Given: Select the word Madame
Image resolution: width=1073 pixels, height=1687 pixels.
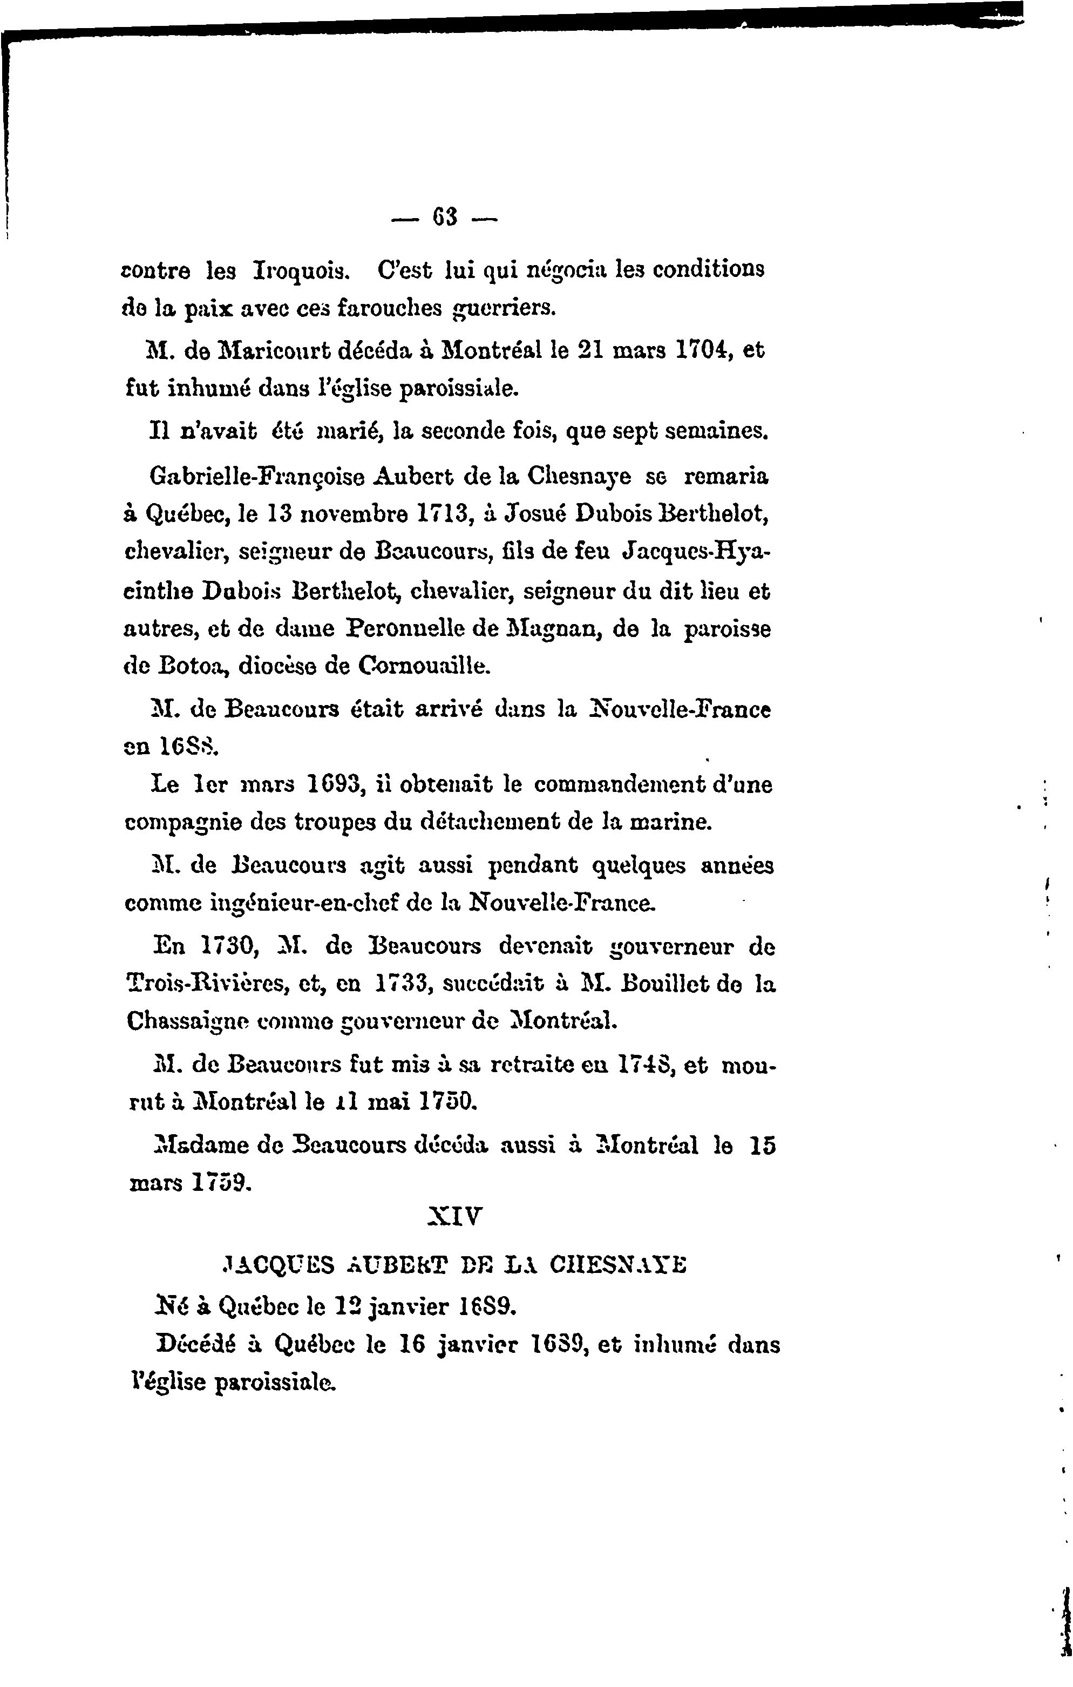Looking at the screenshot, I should (x=193, y=1146).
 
